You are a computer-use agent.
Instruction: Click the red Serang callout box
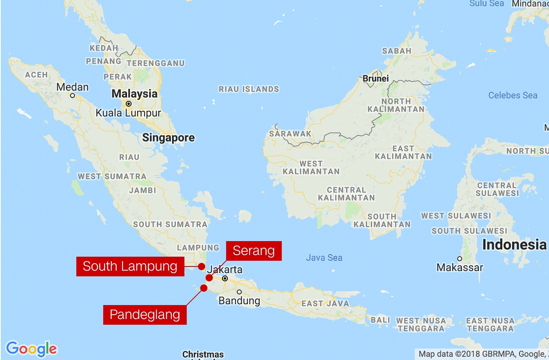click(254, 251)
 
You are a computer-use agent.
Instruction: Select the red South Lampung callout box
click(130, 267)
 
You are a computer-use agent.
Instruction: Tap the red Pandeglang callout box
click(145, 315)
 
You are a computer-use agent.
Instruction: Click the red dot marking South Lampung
click(202, 267)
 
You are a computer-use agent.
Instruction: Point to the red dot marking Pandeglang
click(204, 288)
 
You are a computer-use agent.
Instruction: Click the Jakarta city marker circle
click(225, 278)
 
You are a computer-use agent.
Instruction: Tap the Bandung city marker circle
click(239, 292)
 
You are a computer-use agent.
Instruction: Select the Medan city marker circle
click(73, 96)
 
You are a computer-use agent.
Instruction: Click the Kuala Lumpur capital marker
click(129, 104)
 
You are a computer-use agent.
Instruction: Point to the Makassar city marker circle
click(460, 259)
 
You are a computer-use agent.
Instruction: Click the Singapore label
click(168, 138)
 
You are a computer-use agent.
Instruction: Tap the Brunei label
click(375, 78)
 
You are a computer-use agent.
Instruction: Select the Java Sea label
click(324, 257)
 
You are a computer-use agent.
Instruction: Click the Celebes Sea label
click(513, 96)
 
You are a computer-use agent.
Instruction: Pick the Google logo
click(32, 349)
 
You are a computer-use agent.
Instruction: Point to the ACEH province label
click(36, 75)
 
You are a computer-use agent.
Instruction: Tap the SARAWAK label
click(290, 134)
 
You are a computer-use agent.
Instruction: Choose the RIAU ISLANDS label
click(249, 89)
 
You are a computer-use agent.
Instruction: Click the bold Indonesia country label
click(514, 245)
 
